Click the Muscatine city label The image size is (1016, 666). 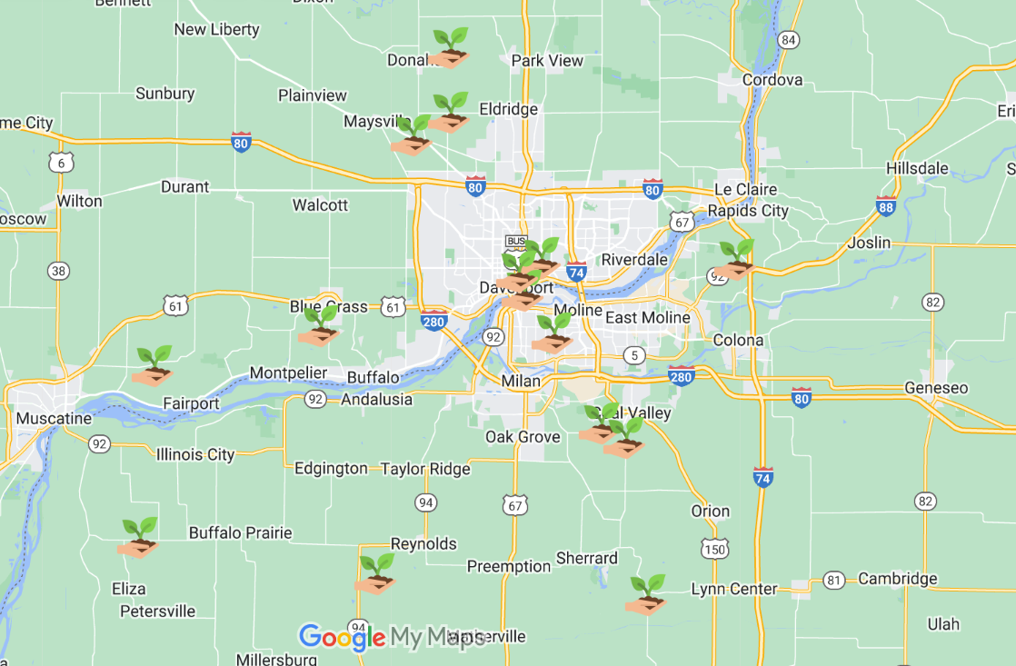click(x=54, y=419)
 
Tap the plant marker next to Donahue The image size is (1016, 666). click(x=449, y=49)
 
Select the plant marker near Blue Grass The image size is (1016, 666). click(x=318, y=326)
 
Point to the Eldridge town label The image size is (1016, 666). click(x=508, y=109)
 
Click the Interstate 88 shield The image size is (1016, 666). click(x=886, y=206)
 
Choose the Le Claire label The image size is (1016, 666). click(x=746, y=189)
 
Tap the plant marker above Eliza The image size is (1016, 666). click(x=138, y=537)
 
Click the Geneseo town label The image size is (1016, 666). click(x=936, y=388)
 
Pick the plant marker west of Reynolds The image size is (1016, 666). click(x=374, y=573)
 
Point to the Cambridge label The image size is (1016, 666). click(x=897, y=579)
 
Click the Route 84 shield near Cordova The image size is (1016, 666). click(x=789, y=40)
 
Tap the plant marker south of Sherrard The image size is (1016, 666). click(x=646, y=594)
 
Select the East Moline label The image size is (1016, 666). click(x=647, y=317)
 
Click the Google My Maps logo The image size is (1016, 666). click(x=391, y=638)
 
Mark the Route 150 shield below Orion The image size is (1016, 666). click(x=714, y=548)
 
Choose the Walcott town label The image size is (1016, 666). click(x=320, y=204)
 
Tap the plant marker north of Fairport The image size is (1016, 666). click(x=153, y=365)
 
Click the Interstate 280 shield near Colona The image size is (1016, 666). click(x=681, y=375)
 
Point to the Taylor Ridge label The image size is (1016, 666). click(x=425, y=469)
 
